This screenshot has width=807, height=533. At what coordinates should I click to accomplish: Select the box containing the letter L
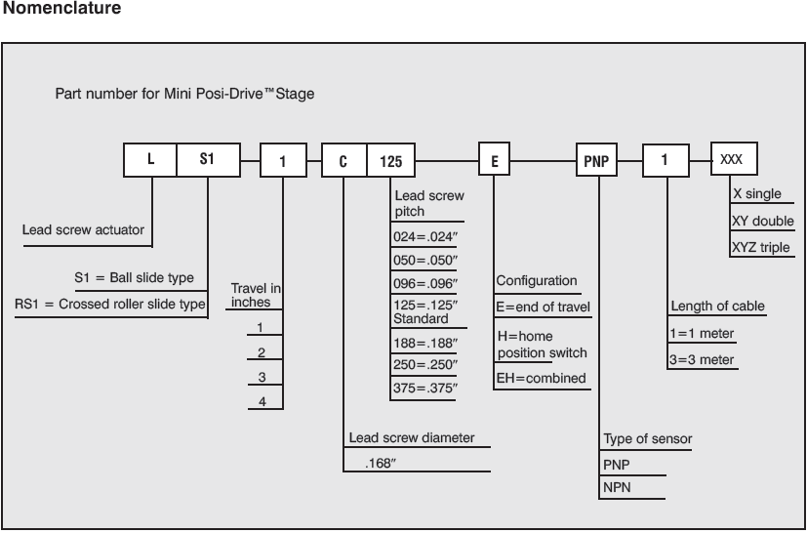click(x=150, y=159)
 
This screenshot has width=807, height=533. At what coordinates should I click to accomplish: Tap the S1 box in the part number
click(x=206, y=159)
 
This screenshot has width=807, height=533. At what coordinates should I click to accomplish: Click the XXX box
click(x=731, y=159)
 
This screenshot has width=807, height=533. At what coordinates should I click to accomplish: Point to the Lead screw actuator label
click(x=83, y=230)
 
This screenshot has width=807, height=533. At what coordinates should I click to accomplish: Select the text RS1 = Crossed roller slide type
click(x=110, y=305)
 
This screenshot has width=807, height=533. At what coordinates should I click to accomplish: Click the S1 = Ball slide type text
click(x=134, y=277)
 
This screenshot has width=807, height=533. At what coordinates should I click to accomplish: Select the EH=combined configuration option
click(x=541, y=378)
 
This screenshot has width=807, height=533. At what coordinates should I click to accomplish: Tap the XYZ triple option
click(x=760, y=247)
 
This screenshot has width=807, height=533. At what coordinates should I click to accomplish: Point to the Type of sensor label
click(x=647, y=439)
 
